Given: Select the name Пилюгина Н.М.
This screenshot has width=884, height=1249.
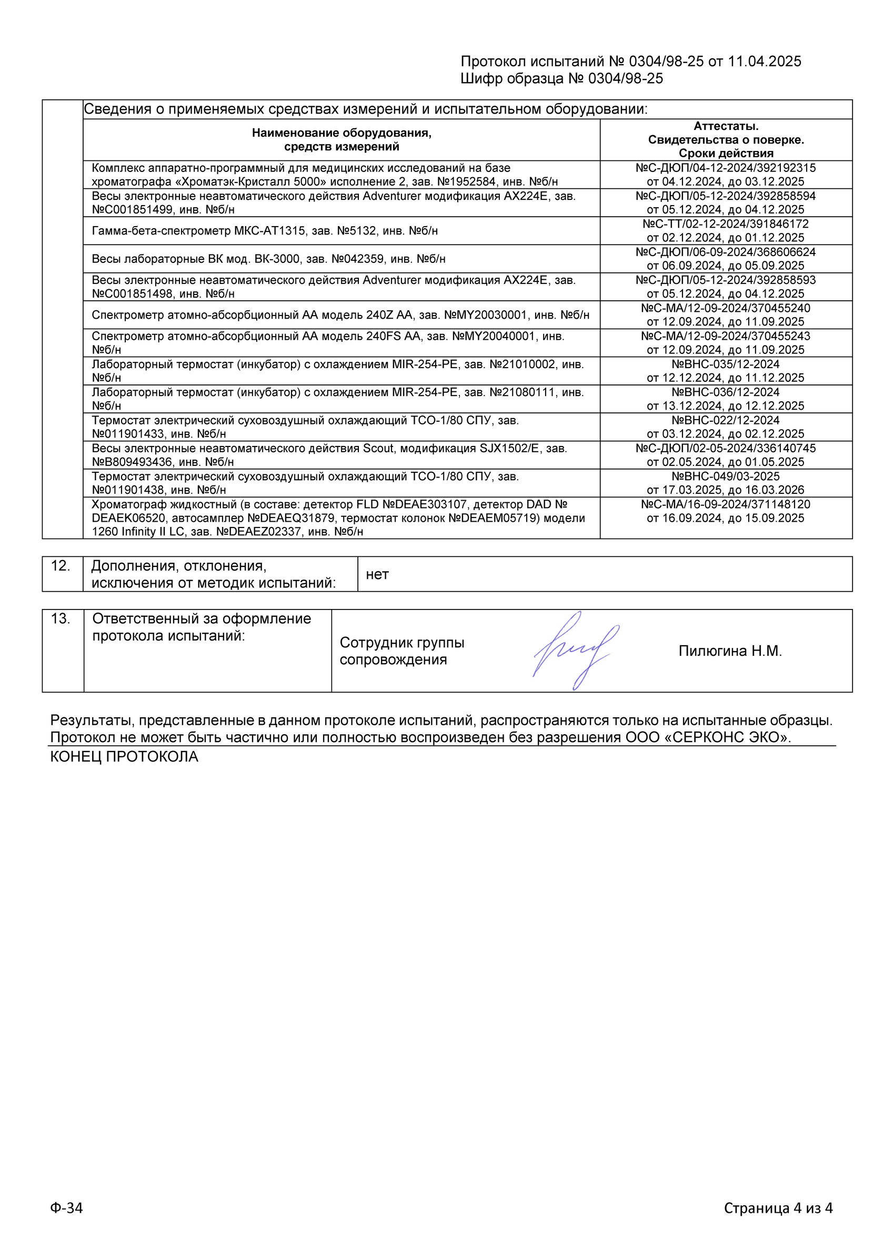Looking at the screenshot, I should click(729, 651).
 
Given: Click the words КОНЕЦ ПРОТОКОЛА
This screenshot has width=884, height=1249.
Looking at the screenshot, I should click(124, 757).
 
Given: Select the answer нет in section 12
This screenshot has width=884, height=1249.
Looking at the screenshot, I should click(377, 574).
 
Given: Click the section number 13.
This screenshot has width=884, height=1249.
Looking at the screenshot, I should click(61, 618).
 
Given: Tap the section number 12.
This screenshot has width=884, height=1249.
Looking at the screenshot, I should click(61, 566).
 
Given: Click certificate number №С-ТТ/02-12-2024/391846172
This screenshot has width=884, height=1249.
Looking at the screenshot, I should click(726, 224).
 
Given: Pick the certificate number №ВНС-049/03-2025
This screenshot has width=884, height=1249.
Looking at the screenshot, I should click(726, 476).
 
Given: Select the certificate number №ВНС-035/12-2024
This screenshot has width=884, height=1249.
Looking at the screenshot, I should click(726, 364).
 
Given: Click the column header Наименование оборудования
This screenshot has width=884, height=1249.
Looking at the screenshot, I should click(341, 133).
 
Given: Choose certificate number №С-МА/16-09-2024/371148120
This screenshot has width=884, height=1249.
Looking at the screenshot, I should click(726, 505).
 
